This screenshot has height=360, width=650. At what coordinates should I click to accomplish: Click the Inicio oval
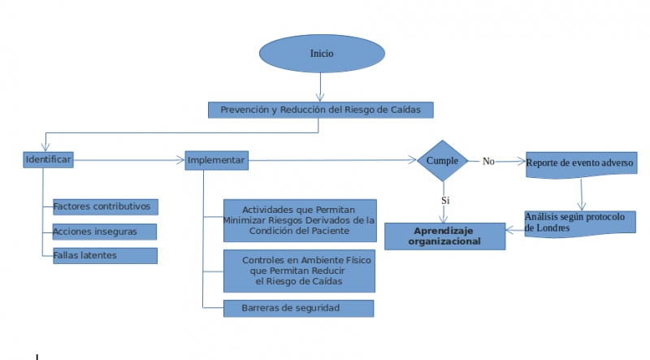click(322, 54)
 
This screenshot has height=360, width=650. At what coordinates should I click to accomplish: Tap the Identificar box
click(49, 160)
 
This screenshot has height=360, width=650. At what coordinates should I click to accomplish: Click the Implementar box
click(216, 160)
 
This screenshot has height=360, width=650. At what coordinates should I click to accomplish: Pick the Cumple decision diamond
click(443, 160)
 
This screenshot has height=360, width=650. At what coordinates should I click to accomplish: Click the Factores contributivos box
click(105, 206)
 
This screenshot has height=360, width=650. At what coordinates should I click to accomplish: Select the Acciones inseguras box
click(103, 232)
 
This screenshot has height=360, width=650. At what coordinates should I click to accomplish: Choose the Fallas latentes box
click(103, 256)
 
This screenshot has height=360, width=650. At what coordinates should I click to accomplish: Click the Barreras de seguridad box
click(298, 308)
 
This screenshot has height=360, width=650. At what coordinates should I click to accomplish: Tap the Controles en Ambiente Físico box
click(298, 271)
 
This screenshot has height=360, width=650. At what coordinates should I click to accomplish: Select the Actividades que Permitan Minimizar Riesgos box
click(298, 220)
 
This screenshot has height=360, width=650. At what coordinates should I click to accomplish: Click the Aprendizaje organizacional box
click(444, 236)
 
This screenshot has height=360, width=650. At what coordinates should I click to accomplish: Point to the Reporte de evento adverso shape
click(580, 163)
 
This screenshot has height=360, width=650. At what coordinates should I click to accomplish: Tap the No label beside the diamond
click(488, 161)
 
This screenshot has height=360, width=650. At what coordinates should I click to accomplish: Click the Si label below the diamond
click(445, 200)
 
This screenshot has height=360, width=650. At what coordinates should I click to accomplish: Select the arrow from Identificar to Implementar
click(130, 161)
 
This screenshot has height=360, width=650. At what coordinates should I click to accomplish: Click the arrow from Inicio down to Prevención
click(322, 87)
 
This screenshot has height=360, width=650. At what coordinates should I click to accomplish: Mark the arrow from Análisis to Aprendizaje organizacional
click(515, 230)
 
